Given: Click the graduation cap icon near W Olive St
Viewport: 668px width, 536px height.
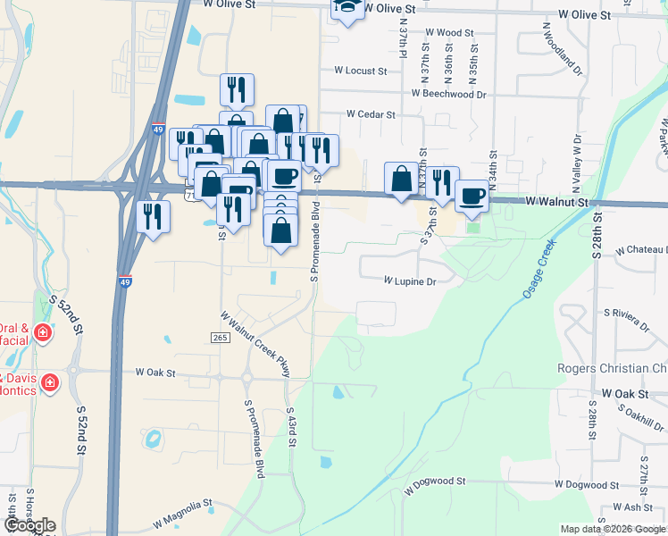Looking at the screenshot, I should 347,8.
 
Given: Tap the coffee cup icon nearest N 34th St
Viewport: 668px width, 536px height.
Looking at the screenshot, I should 472,195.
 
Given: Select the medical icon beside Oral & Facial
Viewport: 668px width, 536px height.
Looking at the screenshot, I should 42,333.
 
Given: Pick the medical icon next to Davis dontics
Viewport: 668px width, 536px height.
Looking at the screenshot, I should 51,384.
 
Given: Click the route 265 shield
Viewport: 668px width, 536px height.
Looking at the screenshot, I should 221,337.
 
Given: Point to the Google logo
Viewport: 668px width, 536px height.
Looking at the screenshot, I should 29,525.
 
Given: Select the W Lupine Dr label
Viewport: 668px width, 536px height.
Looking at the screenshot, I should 409,281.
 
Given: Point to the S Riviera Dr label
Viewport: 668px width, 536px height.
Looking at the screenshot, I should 631,314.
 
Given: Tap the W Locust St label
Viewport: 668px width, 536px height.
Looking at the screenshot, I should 360,70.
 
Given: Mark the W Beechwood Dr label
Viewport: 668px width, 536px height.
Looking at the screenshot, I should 448,93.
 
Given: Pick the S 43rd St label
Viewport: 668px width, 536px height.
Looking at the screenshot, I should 291,427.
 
